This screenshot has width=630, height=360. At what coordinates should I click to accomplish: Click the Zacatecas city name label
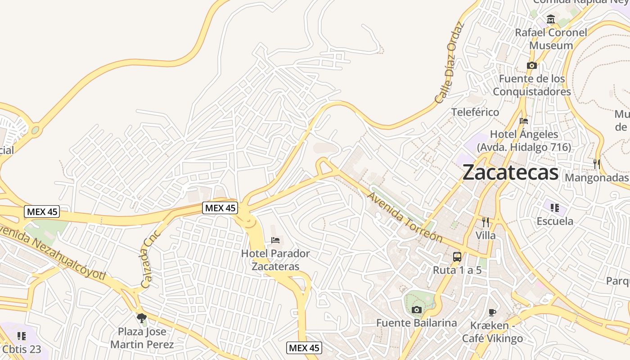pyautogui.click(x=510, y=172)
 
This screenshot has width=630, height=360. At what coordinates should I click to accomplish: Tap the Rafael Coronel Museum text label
pyautogui.click(x=551, y=39)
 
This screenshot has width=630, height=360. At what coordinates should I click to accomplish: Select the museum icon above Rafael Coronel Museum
pyautogui.click(x=551, y=19)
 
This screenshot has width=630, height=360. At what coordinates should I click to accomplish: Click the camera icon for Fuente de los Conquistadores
pyautogui.click(x=532, y=65)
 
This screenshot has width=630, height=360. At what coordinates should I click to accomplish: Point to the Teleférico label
pyautogui.click(x=475, y=112)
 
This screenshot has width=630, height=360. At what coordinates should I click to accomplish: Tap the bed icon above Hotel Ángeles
pyautogui.click(x=524, y=121)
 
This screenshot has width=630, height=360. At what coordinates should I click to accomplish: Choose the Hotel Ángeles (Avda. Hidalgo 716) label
pyautogui.click(x=524, y=140)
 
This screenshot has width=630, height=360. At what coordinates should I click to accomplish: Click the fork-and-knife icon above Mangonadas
pyautogui.click(x=597, y=164)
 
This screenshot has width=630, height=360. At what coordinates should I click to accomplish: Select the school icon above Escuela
pyautogui.click(x=555, y=207)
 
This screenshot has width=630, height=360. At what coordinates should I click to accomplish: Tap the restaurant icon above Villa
pyautogui.click(x=486, y=222)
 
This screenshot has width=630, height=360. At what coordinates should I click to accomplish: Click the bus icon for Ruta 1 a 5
pyautogui.click(x=457, y=257)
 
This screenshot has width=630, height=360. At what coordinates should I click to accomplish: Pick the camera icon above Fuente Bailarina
pyautogui.click(x=417, y=310)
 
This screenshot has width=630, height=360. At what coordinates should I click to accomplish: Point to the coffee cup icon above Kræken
pyautogui.click(x=493, y=312)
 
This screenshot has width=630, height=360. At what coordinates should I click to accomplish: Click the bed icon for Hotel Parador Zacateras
pyautogui.click(x=275, y=240)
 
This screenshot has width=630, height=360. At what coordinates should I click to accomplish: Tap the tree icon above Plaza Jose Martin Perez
pyautogui.click(x=142, y=318)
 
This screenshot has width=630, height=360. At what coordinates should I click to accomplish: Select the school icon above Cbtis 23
pyautogui.click(x=21, y=336)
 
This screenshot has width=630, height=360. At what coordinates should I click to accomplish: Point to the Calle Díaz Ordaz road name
pyautogui.click(x=449, y=62)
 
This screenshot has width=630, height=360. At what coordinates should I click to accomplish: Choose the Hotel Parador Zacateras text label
pyautogui.click(x=275, y=260)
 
